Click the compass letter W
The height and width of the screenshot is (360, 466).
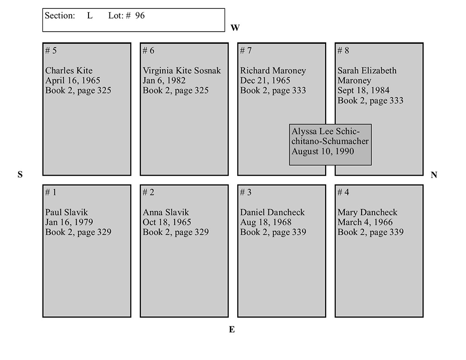point(235,28)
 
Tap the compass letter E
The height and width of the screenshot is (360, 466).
point(232,330)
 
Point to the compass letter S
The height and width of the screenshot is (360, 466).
point(20,175)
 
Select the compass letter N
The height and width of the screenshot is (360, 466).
point(434,175)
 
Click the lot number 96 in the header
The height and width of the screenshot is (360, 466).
point(140,16)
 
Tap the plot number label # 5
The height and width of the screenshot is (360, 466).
point(51,51)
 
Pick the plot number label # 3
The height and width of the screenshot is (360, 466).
point(246,192)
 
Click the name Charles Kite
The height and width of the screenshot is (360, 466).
point(69,71)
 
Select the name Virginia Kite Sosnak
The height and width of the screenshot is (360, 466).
point(182,71)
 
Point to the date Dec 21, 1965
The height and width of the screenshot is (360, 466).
point(265,81)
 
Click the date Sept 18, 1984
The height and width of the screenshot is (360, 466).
point(363,90)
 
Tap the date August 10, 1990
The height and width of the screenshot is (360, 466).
point(323,151)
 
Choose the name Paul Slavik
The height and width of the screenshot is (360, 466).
point(66,212)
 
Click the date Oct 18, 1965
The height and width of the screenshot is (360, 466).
point(167,222)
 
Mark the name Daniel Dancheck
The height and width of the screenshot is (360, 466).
point(273,212)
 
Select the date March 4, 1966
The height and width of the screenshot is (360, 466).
point(365,222)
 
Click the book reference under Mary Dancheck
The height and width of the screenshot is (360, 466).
point(370,232)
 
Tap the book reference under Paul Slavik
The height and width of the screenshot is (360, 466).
point(78,232)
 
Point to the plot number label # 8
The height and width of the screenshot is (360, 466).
point(343,51)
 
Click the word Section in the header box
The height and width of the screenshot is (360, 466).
point(60,16)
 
